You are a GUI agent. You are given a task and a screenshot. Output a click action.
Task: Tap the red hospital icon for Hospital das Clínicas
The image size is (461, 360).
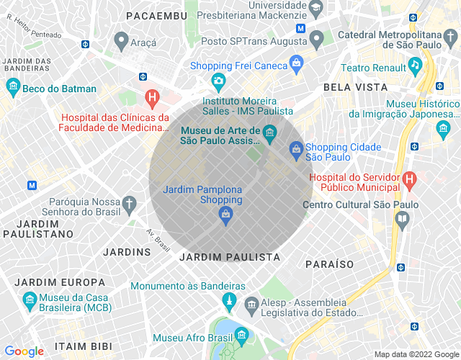point(152,96)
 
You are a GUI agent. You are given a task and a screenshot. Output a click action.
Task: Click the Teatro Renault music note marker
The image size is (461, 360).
point(414,65)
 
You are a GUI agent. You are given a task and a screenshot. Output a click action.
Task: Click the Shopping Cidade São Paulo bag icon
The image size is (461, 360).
point(295,149)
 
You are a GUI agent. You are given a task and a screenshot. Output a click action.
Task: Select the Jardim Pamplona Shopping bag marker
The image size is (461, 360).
point(226,214)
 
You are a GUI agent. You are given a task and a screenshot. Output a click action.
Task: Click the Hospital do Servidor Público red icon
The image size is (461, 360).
point(409,178)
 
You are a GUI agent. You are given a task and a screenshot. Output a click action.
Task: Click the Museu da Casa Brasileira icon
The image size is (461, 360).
point(30,299)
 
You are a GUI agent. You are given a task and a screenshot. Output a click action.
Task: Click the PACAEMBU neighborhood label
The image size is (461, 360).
point(157,15)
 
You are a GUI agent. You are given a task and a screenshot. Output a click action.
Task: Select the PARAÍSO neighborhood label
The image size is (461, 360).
point(329,264)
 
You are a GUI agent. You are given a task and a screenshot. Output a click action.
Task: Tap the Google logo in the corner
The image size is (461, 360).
point(24,351)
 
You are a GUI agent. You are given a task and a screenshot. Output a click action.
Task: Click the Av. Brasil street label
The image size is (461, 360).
point(158,240)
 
